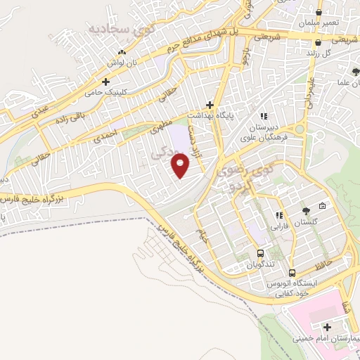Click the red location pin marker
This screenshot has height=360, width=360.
[181, 165]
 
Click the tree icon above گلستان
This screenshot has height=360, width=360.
[305, 210]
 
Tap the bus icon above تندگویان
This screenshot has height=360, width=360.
[261, 253]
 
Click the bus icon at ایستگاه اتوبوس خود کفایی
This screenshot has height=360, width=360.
[292, 274]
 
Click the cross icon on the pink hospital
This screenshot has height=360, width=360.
[328, 327]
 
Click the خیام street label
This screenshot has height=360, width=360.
[203, 236]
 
